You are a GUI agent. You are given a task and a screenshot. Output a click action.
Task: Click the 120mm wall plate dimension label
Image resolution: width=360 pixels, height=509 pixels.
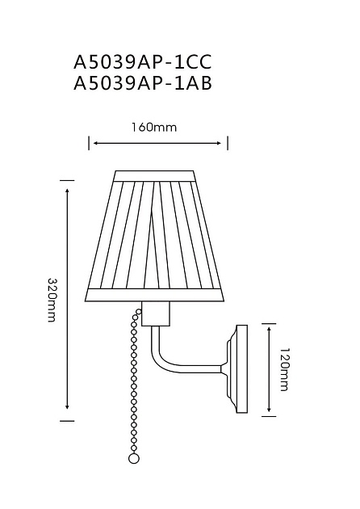pyautogui.click(x=283, y=370)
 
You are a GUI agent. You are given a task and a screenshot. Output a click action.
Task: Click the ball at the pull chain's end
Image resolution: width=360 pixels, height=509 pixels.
pyautogui.click(x=134, y=481)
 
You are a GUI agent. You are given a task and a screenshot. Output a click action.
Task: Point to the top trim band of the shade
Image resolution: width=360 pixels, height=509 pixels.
pyautogui.click(x=155, y=175)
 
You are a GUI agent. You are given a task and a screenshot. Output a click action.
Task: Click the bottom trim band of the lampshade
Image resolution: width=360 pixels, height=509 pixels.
pyautogui.click(x=155, y=296)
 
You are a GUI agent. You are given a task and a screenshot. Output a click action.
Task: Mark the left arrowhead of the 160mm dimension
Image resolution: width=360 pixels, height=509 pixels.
pyautogui.click(x=94, y=143)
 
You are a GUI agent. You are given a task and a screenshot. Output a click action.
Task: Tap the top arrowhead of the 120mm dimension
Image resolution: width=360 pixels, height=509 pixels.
pyautogui.click(x=268, y=327)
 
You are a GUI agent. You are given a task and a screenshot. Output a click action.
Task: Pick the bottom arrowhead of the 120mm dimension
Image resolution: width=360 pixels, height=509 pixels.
pyautogui.click(x=268, y=412)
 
